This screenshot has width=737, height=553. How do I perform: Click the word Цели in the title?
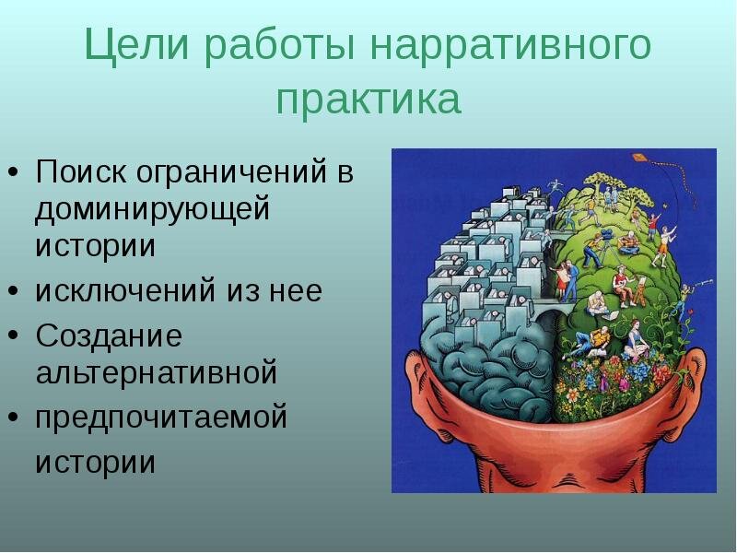(x=136, y=45)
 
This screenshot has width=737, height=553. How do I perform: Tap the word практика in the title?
(x=368, y=100)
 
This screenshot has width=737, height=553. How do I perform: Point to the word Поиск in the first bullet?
(x=81, y=171)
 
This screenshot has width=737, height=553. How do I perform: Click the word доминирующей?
(x=153, y=210)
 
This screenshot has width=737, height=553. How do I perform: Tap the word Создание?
(x=109, y=335)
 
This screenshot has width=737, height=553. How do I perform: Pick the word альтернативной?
(x=157, y=372)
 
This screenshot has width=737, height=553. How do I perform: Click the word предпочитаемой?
(x=161, y=418)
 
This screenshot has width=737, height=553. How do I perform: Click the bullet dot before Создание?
(x=14, y=335)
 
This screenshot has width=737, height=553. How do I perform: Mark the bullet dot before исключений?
(x=14, y=291)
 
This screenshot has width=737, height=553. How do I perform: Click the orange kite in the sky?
(x=638, y=157)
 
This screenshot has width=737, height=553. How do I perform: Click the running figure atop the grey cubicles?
(x=555, y=186)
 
